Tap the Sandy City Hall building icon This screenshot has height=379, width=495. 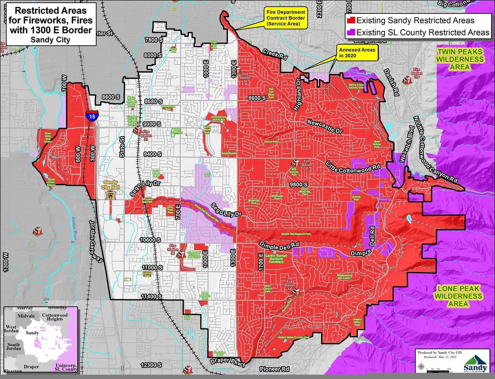(110, 195)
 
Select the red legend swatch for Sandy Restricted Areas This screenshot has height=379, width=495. (351, 20)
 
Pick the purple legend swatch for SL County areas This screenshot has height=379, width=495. (351, 32)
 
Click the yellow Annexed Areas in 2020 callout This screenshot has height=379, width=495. (357, 52)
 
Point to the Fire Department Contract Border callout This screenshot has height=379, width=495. (286, 18)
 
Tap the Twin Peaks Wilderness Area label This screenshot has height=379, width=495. (460, 59)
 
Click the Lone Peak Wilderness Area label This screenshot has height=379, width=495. (458, 296)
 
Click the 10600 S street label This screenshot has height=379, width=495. (151, 240)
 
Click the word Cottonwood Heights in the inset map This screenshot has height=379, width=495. (55, 317)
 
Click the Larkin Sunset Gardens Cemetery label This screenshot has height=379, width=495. (276, 259)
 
